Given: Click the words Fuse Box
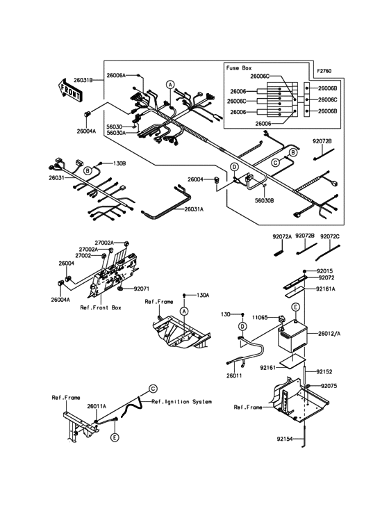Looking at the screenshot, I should [x=238, y=68].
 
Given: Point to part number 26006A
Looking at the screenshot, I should [x=116, y=74].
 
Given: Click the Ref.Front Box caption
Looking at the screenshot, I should [x=101, y=307].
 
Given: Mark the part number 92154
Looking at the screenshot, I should [x=284, y=439].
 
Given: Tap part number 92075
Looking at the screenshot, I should [x=330, y=386].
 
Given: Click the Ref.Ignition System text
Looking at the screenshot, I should [x=181, y=402].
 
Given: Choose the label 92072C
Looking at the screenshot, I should [x=331, y=236].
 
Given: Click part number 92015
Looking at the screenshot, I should [x=326, y=270].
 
